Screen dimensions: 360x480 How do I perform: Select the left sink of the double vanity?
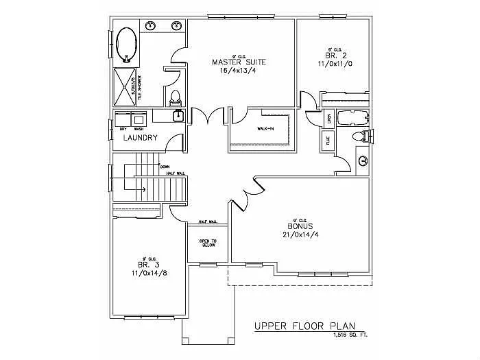pyautogui.click(x=151, y=27)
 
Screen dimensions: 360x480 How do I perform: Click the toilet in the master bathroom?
pyautogui.click(x=175, y=95)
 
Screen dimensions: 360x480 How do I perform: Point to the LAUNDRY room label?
pyautogui.click(x=140, y=137)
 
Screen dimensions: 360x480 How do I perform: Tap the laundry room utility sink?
pyautogui.click(x=178, y=115)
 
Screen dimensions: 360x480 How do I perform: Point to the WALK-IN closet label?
pyautogui.click(x=266, y=128)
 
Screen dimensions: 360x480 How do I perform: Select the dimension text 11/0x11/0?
pyautogui.click(x=334, y=63)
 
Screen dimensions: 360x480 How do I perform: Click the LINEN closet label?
pyautogui.click(x=329, y=119)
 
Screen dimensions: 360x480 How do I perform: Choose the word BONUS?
pyautogui.click(x=300, y=226)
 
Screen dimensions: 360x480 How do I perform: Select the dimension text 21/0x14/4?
pyautogui.click(x=300, y=235)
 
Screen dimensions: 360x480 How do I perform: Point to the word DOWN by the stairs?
pyautogui.click(x=165, y=167)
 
